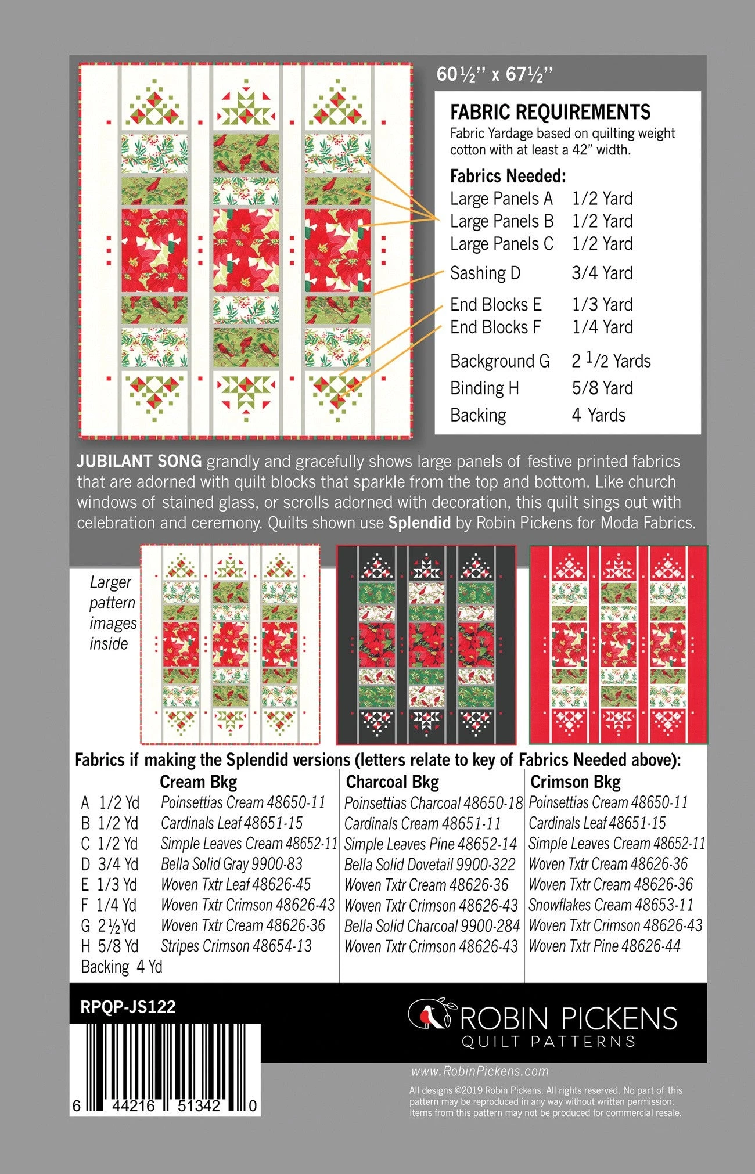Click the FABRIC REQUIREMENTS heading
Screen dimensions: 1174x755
(550, 111)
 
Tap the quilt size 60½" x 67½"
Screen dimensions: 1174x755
(494, 74)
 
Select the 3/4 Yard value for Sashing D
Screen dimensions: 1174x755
(602, 273)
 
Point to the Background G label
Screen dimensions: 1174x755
(499, 361)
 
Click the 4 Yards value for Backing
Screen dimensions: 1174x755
(599, 415)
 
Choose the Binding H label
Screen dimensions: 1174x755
(484, 388)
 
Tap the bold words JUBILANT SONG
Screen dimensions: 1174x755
(139, 462)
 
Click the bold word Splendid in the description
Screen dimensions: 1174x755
(419, 523)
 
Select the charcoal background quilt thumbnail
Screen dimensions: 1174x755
(426, 644)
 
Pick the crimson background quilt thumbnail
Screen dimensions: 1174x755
(619, 644)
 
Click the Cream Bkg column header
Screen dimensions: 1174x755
(198, 782)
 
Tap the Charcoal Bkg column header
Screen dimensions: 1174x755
(392, 782)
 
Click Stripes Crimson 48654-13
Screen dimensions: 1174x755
(236, 946)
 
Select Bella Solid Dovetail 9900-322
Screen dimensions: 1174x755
(429, 865)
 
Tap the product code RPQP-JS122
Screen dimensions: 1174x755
(128, 1007)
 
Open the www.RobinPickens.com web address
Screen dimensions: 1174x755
(480, 1071)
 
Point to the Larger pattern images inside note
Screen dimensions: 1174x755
(112, 613)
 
